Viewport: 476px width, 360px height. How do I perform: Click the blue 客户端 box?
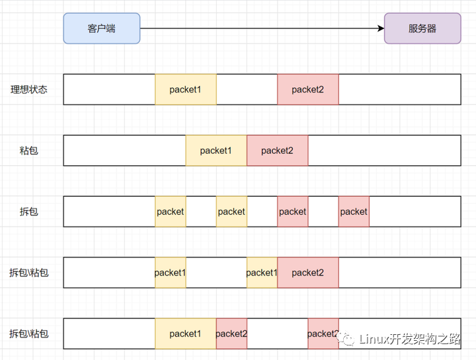pos(102,28)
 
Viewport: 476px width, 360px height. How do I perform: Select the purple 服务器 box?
pos(422,28)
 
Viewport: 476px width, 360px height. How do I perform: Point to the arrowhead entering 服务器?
pos(381,28)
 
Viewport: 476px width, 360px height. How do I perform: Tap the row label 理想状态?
pos(29,89)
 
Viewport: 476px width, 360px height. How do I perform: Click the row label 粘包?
pos(29,151)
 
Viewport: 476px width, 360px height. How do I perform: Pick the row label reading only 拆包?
pos(29,211)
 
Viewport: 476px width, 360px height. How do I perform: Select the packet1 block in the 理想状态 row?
pos(186,89)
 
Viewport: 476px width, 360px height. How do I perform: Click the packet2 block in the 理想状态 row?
pos(308,89)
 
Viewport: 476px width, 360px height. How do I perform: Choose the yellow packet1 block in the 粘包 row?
pos(216,151)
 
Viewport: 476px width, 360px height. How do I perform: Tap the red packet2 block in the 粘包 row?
pos(278,151)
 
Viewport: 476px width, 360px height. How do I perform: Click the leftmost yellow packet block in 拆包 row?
pos(171,211)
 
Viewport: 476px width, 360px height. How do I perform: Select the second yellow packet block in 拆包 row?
pos(231,211)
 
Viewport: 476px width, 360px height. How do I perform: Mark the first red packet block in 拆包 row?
pos(293,211)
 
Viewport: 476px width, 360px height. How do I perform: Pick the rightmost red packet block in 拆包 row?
pos(354,211)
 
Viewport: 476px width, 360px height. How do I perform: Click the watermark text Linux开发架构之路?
pos(410,339)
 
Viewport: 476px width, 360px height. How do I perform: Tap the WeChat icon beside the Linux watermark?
pos(346,338)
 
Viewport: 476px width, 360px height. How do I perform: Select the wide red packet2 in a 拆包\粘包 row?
pos(308,273)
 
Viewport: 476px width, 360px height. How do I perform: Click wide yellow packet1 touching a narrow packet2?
pos(186,334)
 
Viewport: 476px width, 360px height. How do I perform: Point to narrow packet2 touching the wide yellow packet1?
pos(231,334)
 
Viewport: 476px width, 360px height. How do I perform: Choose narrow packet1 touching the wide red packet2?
pos(262,273)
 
